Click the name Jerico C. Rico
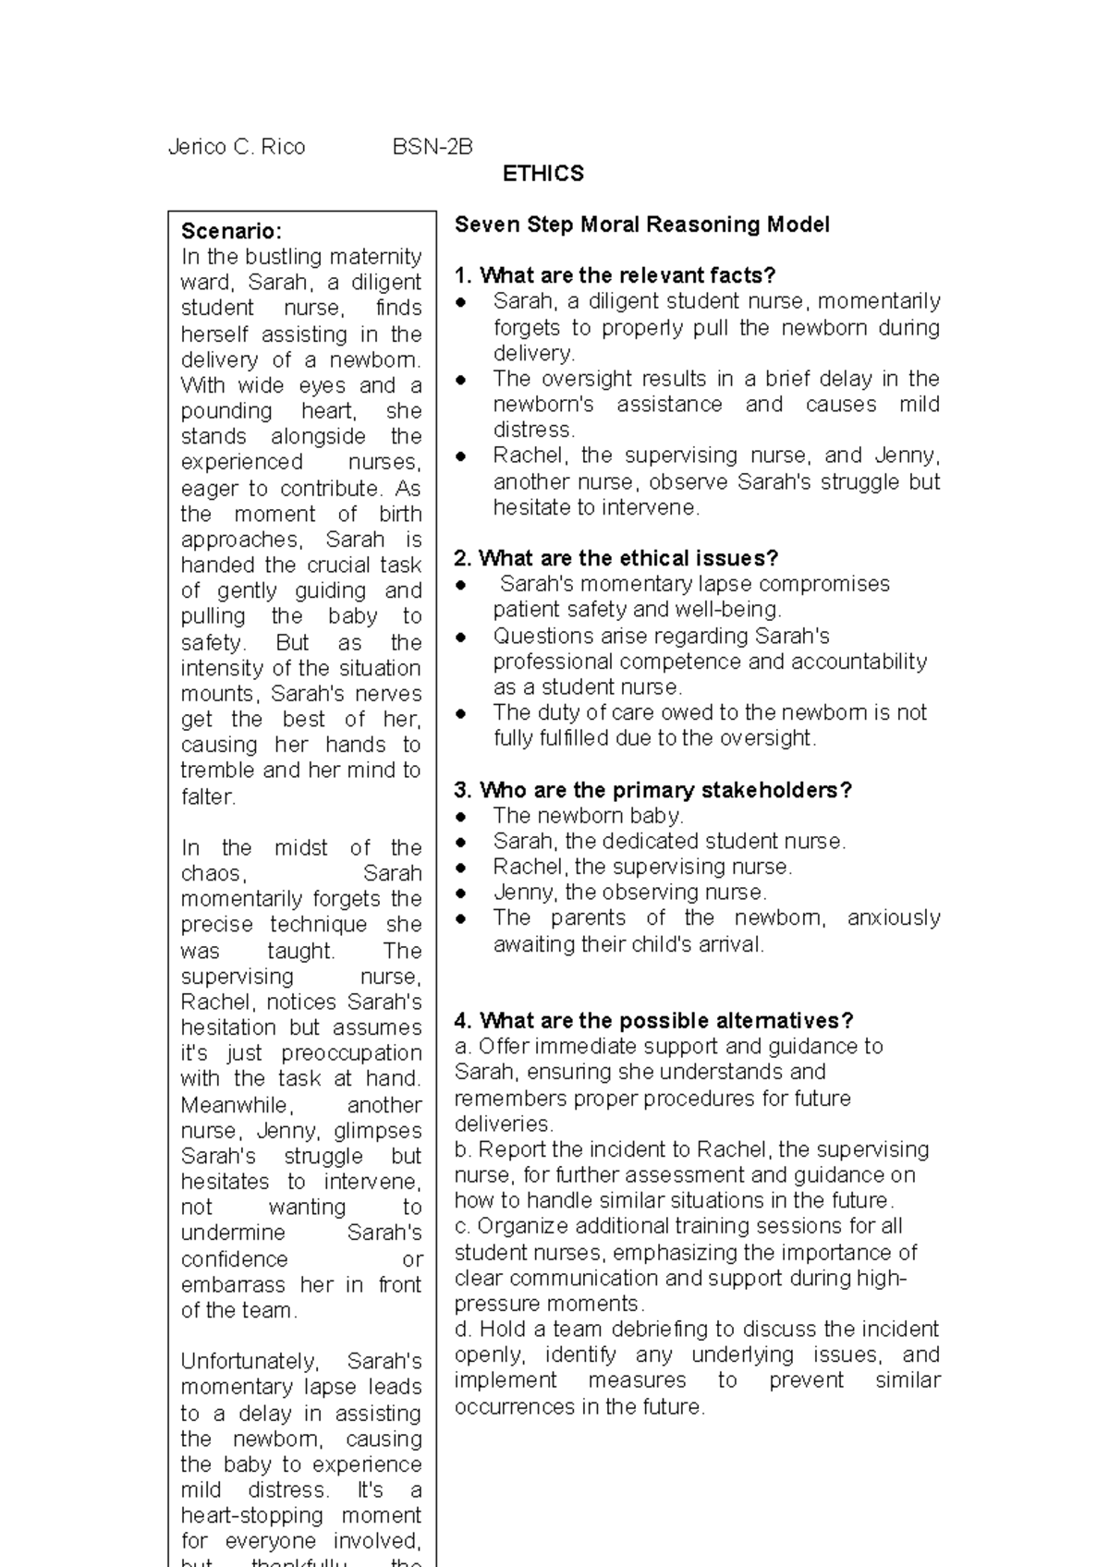(237, 147)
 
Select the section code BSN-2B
(433, 147)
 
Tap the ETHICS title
(542, 174)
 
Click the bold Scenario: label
(231, 231)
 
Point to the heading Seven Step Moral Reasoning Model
(641, 225)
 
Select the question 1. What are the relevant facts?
(615, 275)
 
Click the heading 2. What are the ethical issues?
(616, 558)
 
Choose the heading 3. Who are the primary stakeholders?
(652, 790)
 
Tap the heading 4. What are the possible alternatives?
(653, 1021)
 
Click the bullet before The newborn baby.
(462, 817)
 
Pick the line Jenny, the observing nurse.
(629, 893)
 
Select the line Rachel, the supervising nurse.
(642, 867)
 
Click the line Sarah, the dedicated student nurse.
(669, 842)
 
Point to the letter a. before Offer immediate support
(462, 1047)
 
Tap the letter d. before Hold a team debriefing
(462, 1330)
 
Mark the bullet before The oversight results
(462, 380)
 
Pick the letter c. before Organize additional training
(462, 1227)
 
